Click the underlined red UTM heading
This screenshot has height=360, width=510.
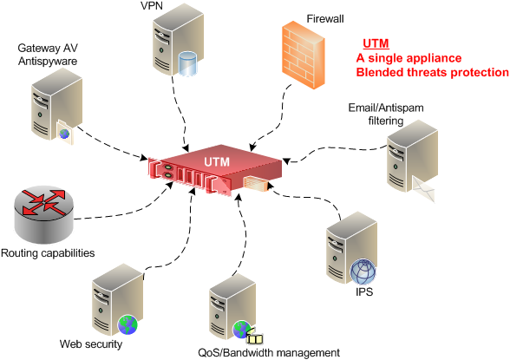[x=375, y=43]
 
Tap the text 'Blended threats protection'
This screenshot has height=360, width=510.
[x=432, y=73]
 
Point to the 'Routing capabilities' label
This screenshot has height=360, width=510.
[x=48, y=253]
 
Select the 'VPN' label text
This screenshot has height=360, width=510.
[x=151, y=7]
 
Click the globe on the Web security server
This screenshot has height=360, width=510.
[x=128, y=324]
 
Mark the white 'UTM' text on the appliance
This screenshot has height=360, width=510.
[x=218, y=162]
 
